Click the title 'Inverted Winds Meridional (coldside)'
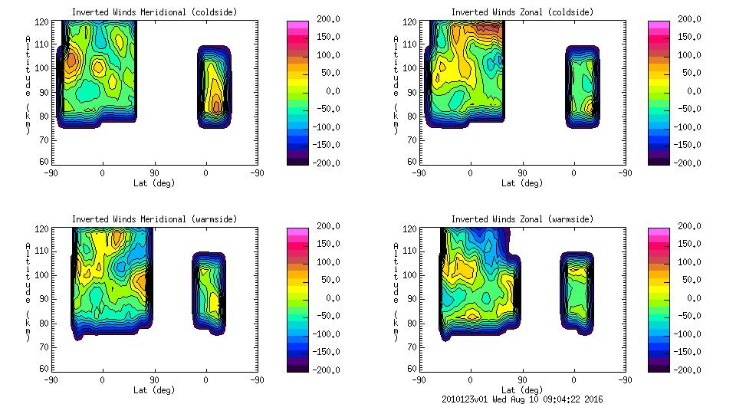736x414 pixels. (154, 12)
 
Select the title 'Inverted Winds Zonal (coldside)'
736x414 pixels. (522, 12)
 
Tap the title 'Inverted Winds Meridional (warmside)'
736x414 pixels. (154, 219)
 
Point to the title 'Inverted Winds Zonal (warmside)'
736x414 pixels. (522, 219)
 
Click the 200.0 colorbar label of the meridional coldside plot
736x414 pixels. (329, 18)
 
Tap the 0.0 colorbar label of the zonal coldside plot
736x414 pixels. (695, 90)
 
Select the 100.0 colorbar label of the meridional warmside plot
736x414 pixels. (329, 261)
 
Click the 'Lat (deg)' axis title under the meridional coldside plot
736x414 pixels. (153, 183)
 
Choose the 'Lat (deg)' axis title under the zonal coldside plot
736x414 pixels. (521, 183)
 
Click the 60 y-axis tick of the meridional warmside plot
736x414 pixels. (45, 369)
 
